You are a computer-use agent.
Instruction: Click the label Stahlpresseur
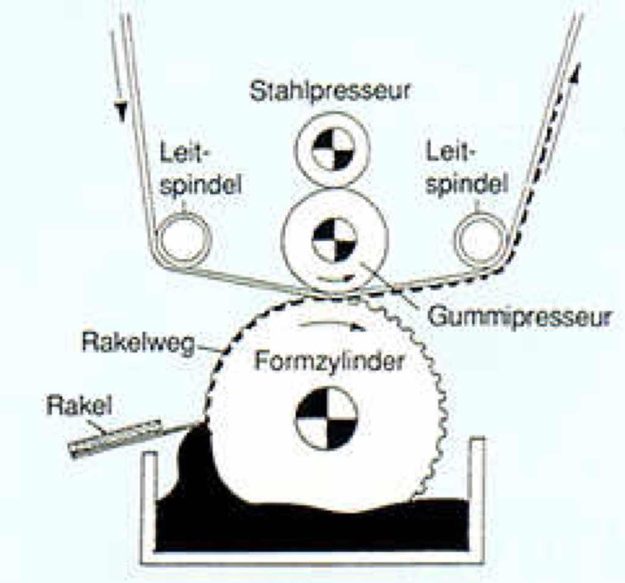[331, 93]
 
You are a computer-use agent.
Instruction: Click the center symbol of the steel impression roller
[333, 149]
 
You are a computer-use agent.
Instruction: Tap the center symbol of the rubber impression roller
[334, 240]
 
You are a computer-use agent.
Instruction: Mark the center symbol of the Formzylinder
[325, 418]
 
